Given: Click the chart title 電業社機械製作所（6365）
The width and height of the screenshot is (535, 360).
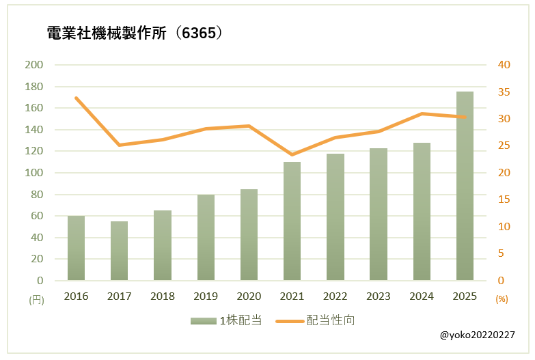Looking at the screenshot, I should (135, 33).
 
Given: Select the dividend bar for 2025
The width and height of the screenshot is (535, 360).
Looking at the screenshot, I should (465, 186).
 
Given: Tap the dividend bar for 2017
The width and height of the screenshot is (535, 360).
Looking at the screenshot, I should (120, 251).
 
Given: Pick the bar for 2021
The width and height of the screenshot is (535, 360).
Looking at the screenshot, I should (292, 221).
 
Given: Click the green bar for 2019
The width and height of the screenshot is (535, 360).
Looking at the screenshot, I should (206, 237).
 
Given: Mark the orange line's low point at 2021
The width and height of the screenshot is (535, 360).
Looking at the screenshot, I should (292, 154).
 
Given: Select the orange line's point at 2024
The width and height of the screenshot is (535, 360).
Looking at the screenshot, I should (422, 113).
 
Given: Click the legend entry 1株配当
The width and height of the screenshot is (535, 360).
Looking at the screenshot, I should (226, 320).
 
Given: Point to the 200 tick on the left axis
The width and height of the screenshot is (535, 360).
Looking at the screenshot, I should (33, 65).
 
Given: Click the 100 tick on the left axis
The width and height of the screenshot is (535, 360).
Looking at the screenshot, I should (33, 173).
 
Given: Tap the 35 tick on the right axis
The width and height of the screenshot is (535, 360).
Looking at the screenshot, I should (504, 92).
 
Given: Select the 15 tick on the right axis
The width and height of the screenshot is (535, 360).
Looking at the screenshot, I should (504, 199).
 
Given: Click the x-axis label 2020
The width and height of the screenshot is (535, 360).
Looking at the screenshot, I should (249, 296).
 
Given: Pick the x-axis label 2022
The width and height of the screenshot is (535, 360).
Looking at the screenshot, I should (335, 296).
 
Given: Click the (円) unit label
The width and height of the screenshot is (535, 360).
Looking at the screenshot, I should (36, 299).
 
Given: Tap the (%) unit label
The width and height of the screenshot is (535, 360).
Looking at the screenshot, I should (502, 299).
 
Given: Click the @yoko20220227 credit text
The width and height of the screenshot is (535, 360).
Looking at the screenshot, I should (478, 336).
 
